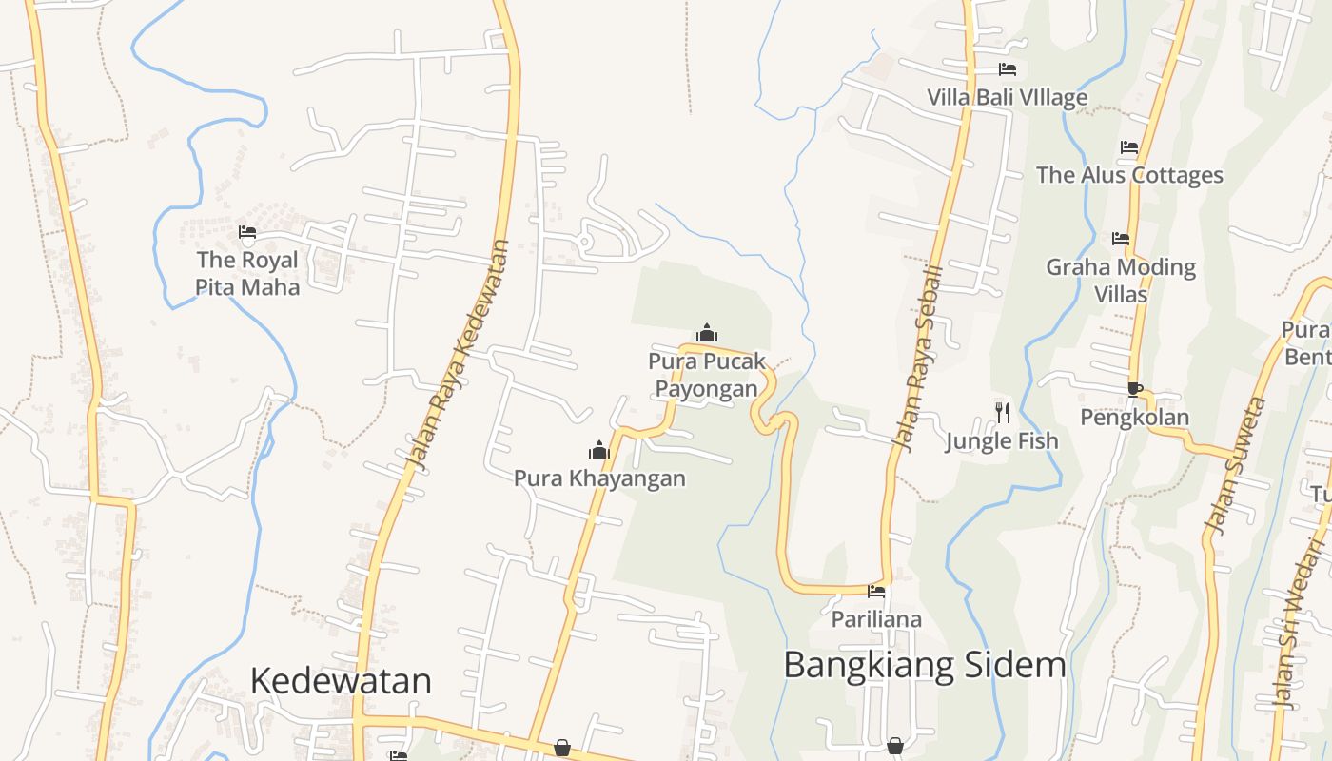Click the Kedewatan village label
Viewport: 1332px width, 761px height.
(x=341, y=681)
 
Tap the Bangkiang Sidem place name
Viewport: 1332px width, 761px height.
(x=924, y=665)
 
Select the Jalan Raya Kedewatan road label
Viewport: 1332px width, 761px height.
(x=458, y=355)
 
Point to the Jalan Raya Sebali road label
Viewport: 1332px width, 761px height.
(x=918, y=358)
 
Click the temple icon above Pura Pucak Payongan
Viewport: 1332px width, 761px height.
(x=707, y=333)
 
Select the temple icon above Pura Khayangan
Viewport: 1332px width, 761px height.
(x=598, y=449)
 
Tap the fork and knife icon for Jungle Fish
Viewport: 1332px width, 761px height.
(x=1002, y=412)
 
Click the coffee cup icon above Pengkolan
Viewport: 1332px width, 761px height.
(x=1134, y=388)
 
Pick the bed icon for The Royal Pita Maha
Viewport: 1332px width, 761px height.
(x=247, y=232)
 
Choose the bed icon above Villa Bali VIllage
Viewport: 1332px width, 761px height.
(x=1008, y=69)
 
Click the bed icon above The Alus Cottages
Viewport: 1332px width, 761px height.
(x=1129, y=147)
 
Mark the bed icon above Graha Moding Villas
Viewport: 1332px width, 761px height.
(x=1121, y=239)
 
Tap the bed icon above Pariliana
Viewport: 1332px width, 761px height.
(x=876, y=592)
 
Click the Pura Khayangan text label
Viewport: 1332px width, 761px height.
(x=599, y=478)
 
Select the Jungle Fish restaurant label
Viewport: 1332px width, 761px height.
(x=1002, y=441)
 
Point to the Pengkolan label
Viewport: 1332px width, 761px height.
(x=1135, y=417)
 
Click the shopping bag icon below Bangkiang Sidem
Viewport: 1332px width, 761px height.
(x=895, y=747)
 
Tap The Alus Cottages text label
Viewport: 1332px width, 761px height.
(x=1129, y=175)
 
